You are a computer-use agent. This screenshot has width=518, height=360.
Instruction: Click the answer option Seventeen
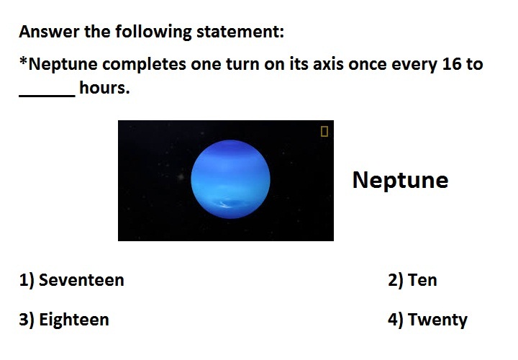click(71, 280)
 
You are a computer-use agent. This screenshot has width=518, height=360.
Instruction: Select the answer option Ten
click(412, 280)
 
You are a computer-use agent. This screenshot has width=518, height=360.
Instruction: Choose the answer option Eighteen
click(64, 320)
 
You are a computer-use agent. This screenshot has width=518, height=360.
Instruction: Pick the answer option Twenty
click(427, 320)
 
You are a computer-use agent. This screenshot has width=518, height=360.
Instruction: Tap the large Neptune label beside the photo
click(401, 180)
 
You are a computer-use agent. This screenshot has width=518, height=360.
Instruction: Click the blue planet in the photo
click(231, 179)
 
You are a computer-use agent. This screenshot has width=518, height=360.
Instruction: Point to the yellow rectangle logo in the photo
click(324, 131)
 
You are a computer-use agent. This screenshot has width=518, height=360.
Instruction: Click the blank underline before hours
click(47, 96)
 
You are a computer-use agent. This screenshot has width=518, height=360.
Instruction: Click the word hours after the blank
click(104, 88)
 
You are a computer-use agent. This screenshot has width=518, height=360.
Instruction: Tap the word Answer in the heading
click(49, 32)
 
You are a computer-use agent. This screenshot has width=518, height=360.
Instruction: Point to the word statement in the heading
click(240, 32)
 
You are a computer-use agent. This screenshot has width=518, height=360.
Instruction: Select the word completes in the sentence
click(144, 65)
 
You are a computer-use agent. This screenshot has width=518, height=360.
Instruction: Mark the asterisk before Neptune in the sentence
click(23, 60)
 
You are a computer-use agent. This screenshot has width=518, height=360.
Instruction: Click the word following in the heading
click(153, 32)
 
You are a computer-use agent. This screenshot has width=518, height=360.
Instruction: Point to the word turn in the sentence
click(242, 64)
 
